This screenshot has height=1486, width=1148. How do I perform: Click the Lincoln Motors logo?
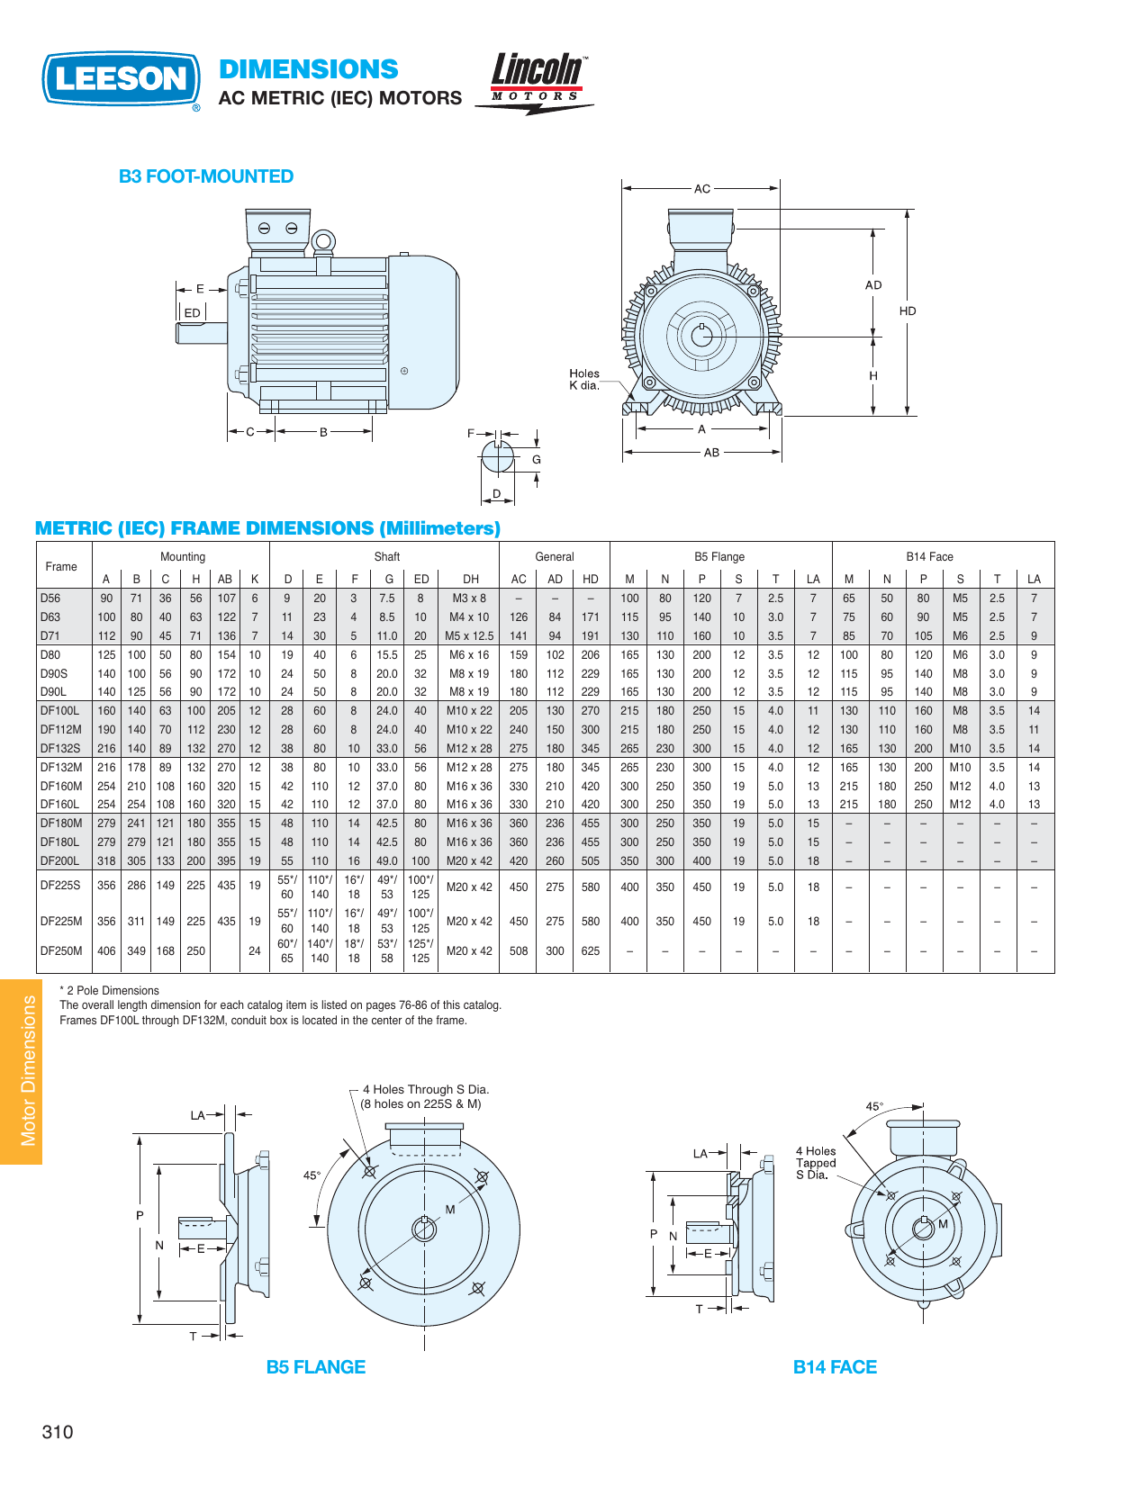[537, 81]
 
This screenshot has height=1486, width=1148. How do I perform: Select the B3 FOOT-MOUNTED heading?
[206, 176]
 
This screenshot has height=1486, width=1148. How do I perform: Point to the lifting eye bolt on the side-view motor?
[323, 241]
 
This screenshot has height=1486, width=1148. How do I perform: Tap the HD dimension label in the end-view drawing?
[907, 311]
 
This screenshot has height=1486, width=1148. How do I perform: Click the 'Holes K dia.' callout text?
[583, 379]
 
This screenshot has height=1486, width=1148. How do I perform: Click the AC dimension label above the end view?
[702, 189]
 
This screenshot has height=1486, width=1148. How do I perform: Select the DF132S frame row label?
[60, 749]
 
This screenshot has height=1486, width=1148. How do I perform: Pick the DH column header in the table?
[470, 580]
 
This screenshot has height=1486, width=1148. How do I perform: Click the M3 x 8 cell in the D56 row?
[469, 599]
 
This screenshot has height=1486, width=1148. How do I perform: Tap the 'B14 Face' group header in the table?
[929, 557]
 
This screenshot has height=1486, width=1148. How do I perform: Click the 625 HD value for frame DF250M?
[590, 951]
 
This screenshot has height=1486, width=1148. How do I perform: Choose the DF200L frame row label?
[59, 861]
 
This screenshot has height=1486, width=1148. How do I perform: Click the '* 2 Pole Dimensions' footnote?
[109, 991]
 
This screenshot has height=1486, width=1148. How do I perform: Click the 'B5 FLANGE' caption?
[315, 1367]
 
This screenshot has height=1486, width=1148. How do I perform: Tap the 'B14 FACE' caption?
[834, 1367]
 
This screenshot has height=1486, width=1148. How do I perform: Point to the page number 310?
[58, 1432]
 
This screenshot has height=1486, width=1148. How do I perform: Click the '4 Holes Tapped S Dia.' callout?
[816, 1163]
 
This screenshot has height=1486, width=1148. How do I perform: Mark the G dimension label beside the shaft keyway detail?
[536, 460]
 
